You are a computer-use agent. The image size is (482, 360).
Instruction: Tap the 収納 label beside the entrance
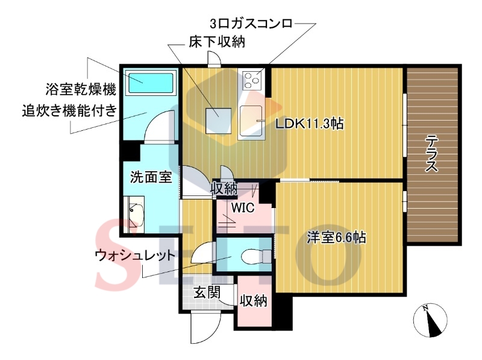[254, 300]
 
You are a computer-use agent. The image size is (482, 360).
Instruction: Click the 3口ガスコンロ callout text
[251, 24]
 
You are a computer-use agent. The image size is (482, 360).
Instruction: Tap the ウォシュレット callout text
[135, 255]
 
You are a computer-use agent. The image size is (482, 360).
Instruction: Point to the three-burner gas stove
[252, 80]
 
